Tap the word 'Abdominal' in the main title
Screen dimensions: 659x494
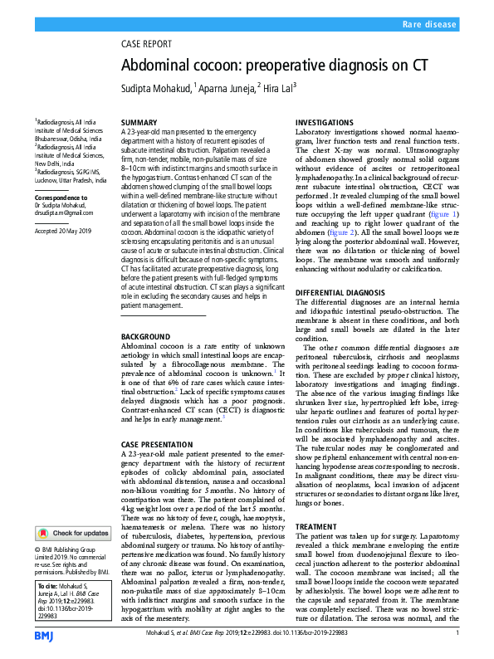coord(160,66)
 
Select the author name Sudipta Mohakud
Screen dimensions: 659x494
coord(155,87)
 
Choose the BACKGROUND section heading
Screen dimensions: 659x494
coord(146,337)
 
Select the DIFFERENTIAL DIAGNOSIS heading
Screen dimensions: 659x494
coord(344,293)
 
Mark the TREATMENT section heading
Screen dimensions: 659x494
coord(316,527)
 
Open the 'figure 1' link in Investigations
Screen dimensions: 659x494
coord(443,214)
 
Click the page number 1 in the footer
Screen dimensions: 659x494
coord(457,632)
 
